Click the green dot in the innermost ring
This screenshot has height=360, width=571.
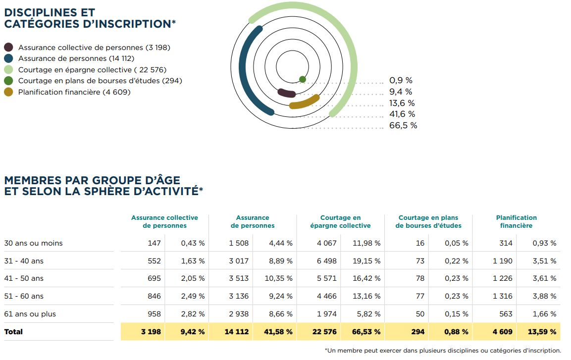(x=303, y=79)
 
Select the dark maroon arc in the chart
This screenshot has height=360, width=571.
(x=287, y=93)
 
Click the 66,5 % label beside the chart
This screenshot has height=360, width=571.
(x=403, y=126)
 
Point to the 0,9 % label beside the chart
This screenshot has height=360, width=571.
(x=401, y=80)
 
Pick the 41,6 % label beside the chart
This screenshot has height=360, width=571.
(x=402, y=114)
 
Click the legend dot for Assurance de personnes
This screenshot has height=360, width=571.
(x=8, y=58)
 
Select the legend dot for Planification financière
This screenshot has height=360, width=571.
(x=8, y=92)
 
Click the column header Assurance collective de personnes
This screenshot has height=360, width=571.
(x=164, y=221)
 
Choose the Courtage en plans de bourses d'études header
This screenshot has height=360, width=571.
(x=428, y=221)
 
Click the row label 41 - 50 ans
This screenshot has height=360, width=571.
(x=24, y=279)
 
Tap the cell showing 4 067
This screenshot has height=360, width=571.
(x=327, y=243)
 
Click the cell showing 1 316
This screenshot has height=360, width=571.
(x=503, y=297)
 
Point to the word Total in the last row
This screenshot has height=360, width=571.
(x=13, y=332)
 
